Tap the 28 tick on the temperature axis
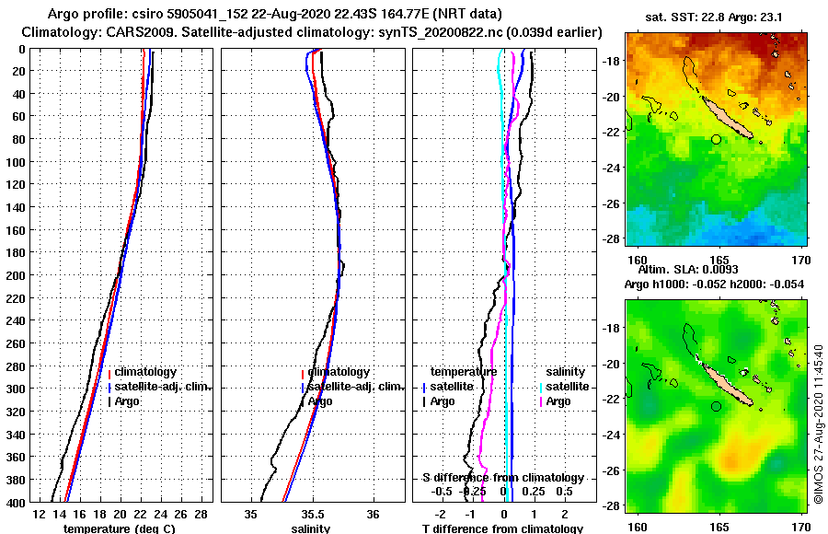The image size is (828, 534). (201, 513)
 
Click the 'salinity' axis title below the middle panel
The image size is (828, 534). (310, 528)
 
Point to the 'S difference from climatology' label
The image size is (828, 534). (503, 478)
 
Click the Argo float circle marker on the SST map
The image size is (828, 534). (716, 139)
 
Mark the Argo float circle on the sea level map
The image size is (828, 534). (716, 406)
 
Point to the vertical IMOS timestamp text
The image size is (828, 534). (818, 425)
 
